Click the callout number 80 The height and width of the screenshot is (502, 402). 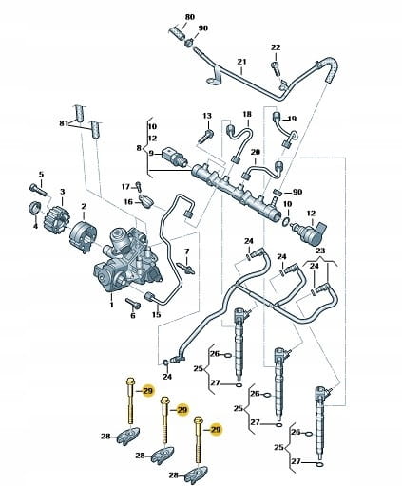pos(190,17)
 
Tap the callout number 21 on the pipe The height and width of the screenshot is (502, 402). pos(241,62)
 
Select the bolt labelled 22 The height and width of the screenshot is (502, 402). pos(276,67)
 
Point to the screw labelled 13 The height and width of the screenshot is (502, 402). pos(206,137)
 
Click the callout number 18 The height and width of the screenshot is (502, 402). pos(247,114)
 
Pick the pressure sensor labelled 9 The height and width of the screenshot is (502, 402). pos(175,157)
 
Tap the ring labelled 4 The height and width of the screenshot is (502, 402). pos(34,209)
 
